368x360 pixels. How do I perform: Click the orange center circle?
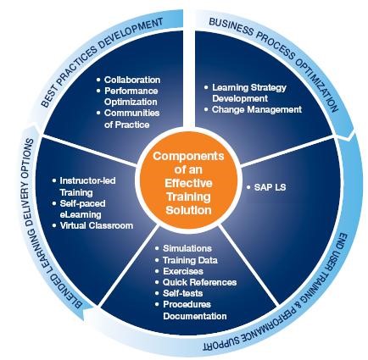pos(188,183)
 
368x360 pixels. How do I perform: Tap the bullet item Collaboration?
pos(132,80)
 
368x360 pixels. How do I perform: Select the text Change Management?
pos(257,109)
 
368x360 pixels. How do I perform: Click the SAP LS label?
pos(270,187)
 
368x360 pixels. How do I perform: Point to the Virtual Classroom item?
pos(97,225)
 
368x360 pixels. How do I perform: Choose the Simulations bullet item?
pos(187,248)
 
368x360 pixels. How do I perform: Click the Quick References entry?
pos(199,282)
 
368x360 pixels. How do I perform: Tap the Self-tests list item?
pos(182,293)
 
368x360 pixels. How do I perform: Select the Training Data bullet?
pos(190,260)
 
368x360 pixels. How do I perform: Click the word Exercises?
pos(183,271)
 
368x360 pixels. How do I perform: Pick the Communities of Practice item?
pos(131,119)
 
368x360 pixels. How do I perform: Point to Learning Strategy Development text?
pos(249,93)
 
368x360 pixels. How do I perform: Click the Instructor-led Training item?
pos(87,186)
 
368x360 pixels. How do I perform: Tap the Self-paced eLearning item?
pos(82,209)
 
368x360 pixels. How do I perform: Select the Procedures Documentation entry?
pos(195,310)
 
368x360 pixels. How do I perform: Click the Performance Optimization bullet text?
pos(131,97)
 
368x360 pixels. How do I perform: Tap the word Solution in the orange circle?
pos(188,210)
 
